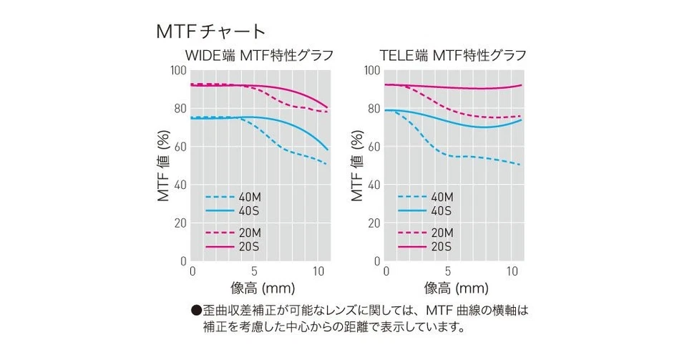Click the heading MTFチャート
(210, 31)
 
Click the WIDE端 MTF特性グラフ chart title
(260, 55)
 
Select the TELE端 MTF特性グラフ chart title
(454, 55)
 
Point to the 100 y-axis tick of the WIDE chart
(177, 70)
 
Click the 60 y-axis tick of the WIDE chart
(180, 147)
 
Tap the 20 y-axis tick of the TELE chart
(374, 223)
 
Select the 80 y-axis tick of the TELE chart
(374, 109)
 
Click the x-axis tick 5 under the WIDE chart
(254, 272)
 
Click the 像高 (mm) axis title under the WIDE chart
(258, 289)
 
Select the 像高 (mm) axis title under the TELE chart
(452, 289)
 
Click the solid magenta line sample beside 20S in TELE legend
(412, 246)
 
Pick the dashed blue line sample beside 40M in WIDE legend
(219, 197)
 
